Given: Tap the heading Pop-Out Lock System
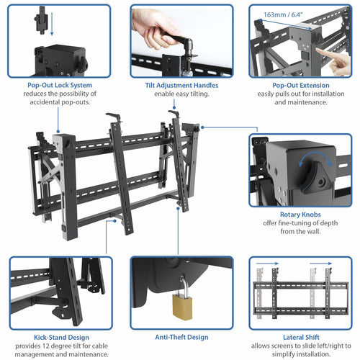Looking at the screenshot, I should [x=60, y=85].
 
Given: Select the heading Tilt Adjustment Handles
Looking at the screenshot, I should [x=181, y=85].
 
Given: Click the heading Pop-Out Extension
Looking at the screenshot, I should [x=301, y=85].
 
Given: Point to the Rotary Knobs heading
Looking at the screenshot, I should [x=300, y=214].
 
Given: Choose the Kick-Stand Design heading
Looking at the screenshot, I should [x=60, y=336].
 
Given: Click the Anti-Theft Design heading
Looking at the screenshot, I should [x=181, y=336].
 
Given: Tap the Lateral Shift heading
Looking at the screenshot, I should [x=300, y=336].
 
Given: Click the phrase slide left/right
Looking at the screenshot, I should [x=316, y=345].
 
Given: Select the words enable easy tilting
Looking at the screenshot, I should [x=181, y=94].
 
